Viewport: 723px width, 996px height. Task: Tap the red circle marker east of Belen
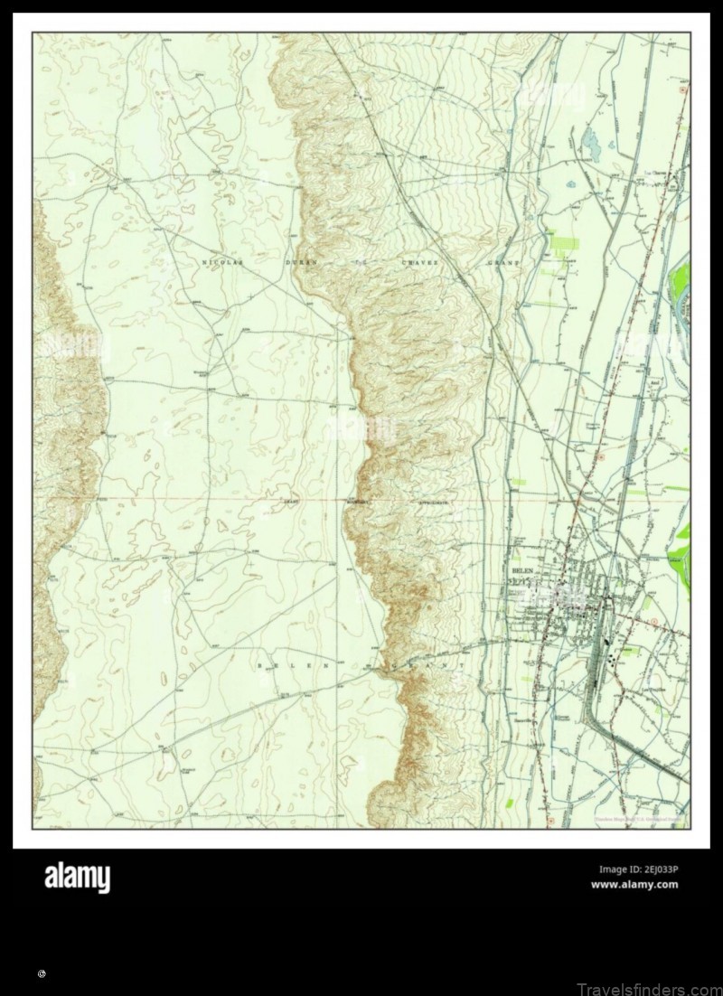[653, 621]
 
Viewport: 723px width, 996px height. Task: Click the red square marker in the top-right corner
[682, 91]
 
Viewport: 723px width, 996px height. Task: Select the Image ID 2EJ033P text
[638, 869]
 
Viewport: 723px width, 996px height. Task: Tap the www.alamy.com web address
[634, 885]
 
